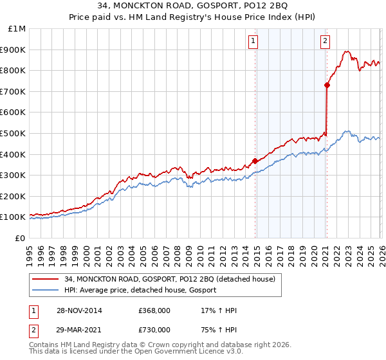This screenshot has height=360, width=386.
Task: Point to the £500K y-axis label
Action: [14, 133]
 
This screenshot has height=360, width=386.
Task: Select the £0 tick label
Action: [20, 238]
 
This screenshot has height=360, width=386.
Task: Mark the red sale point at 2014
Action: [255, 161]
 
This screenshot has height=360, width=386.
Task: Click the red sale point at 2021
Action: [327, 85]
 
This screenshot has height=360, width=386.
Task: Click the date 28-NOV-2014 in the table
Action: [78, 310]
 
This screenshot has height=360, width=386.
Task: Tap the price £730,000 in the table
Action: [154, 330]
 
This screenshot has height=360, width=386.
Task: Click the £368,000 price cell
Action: [154, 310]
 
